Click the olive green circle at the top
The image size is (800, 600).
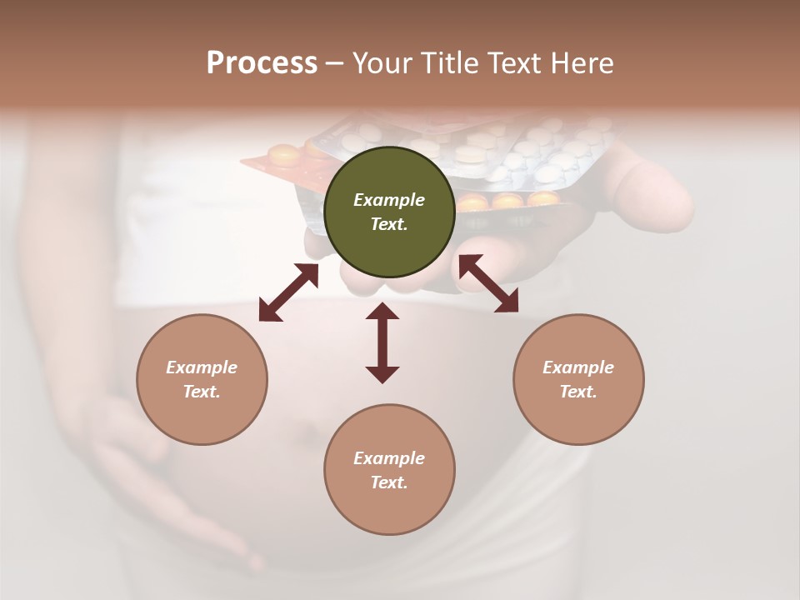[389, 212]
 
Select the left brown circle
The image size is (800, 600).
[202, 379]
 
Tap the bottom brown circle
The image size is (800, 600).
[389, 470]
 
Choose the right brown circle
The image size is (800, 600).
[578, 379]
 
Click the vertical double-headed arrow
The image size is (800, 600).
[382, 342]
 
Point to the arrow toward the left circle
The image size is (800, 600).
[288, 292]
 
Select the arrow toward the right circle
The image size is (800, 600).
[488, 283]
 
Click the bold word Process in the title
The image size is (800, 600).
[262, 63]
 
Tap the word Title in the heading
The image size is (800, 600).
[448, 63]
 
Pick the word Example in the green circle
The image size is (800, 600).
[389, 200]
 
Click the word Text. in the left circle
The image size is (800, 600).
[202, 392]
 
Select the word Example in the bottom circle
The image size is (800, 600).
[389, 458]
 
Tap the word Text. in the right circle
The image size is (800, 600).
[578, 392]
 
